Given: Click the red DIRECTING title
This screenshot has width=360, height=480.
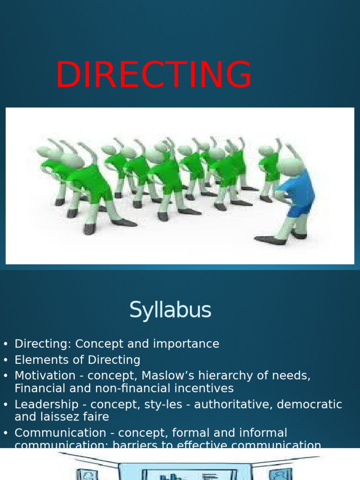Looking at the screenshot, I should (x=154, y=75).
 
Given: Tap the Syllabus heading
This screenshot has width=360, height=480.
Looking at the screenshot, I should (x=170, y=310).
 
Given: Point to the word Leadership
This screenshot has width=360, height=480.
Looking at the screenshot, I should (x=46, y=405).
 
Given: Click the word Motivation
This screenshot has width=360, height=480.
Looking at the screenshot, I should (x=45, y=376).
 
